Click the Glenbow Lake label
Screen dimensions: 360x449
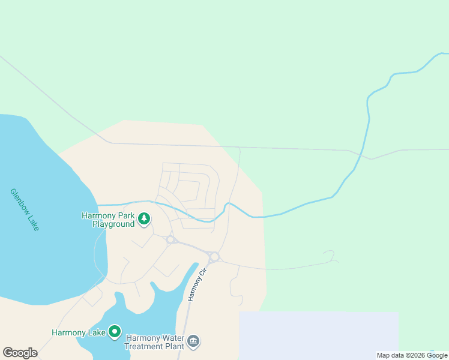point(24,210)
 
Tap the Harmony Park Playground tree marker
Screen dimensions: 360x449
point(144,219)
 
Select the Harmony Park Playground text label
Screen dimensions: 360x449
point(108,220)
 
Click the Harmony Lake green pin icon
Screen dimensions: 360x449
point(114,331)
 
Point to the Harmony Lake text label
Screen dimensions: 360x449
point(78,332)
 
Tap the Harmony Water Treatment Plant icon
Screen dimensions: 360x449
point(193,342)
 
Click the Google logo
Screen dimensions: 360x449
point(20,353)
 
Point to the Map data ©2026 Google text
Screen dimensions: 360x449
point(412,355)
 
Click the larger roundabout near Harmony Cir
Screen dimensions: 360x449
point(214,257)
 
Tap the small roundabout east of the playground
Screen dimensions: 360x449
point(170,240)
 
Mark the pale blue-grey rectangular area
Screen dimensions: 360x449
point(318,333)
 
